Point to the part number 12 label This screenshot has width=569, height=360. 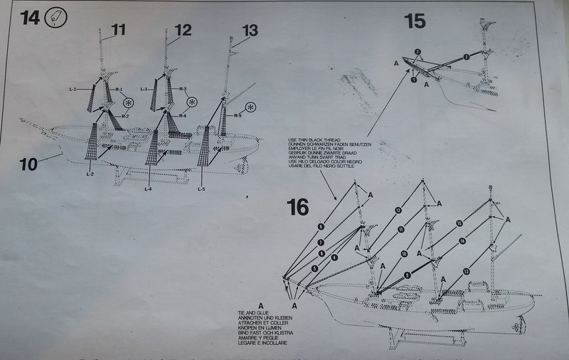pos(182,30)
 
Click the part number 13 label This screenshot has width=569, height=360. pos(250,30)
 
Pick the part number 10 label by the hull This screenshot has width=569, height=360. pos(28,164)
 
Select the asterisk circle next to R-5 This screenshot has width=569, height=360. pos(252,107)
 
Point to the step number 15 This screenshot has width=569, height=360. pos(415,21)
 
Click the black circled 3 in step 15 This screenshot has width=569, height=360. pos(467,55)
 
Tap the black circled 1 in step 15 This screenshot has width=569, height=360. pos(413,79)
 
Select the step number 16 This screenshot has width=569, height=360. pos(298,207)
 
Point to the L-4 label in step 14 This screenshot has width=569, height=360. pos(147,189)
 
